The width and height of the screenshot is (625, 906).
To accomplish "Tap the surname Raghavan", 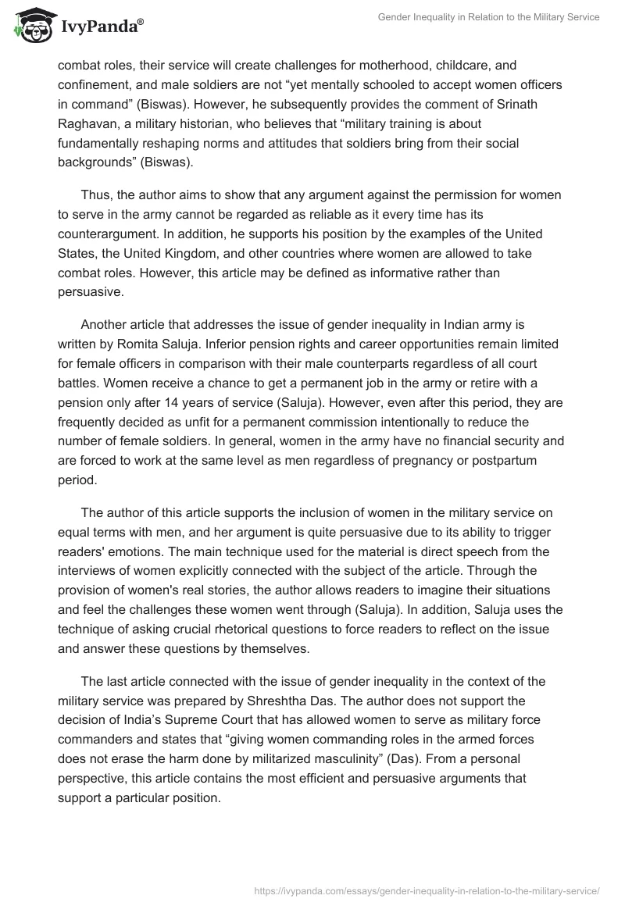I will pyautogui.click(x=89, y=124).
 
